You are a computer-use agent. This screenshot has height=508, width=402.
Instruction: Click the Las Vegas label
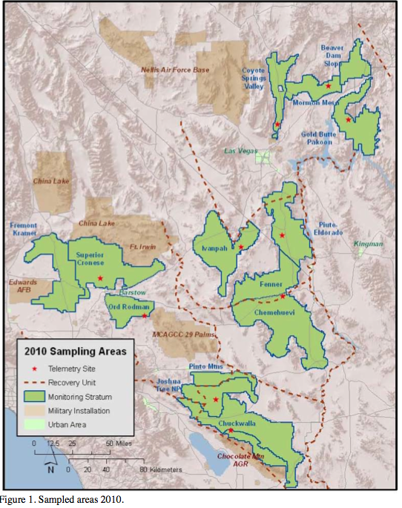(242, 151)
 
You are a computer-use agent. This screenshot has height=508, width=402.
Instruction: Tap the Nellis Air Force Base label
(175, 70)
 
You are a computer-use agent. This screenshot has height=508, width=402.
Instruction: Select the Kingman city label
(369, 244)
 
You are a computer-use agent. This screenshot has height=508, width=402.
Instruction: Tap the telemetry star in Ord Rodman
(145, 317)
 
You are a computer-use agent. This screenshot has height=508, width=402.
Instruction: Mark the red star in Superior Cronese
(100, 279)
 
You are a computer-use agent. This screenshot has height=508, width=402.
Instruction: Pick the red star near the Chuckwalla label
(231, 430)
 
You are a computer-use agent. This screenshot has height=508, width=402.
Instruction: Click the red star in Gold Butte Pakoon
(348, 119)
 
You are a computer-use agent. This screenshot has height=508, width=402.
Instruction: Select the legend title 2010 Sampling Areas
(75, 351)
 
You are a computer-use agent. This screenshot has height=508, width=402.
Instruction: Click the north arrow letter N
(48, 468)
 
